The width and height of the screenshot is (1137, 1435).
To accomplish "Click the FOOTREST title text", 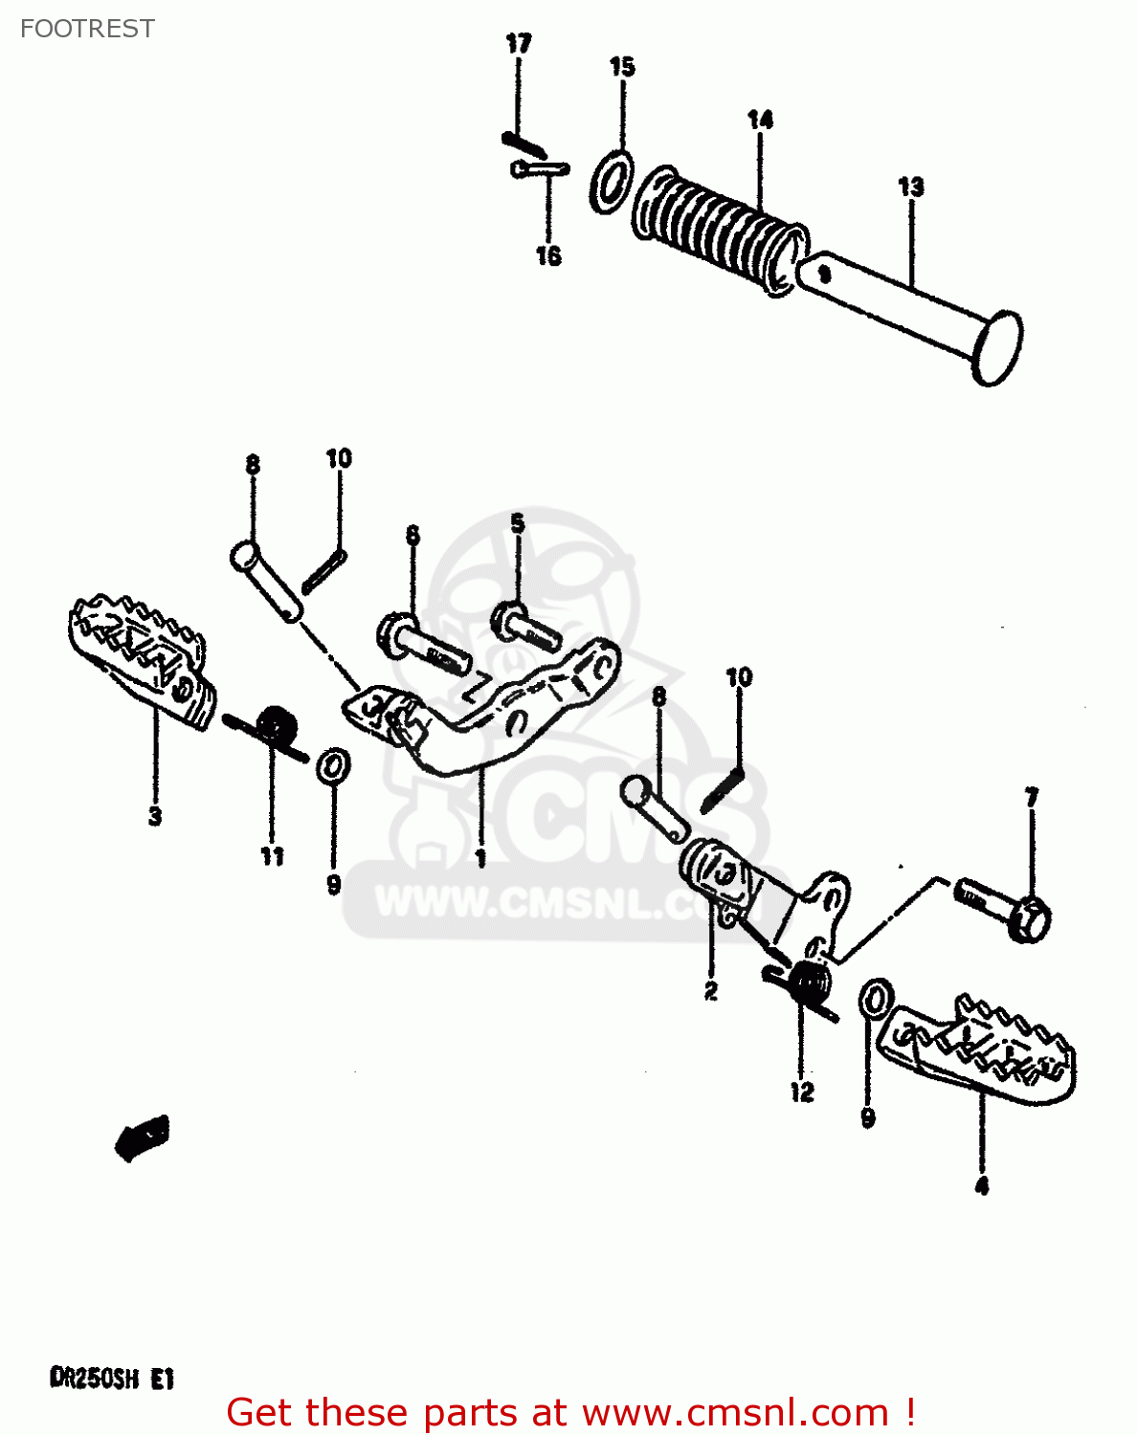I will point(87,29).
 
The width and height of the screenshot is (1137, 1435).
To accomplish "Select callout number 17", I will point(518,43).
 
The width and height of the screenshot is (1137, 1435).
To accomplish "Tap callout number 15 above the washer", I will point(622,66).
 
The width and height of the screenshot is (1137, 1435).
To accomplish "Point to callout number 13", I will point(911,187).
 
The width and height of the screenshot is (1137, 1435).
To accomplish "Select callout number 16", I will point(547,255).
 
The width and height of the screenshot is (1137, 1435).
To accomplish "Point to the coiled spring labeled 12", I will point(808,984).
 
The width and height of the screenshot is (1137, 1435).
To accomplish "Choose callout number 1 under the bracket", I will point(480,858).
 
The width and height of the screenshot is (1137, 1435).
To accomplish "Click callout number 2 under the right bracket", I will point(710,992).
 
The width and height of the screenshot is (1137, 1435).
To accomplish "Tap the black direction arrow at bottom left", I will point(144,1137).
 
